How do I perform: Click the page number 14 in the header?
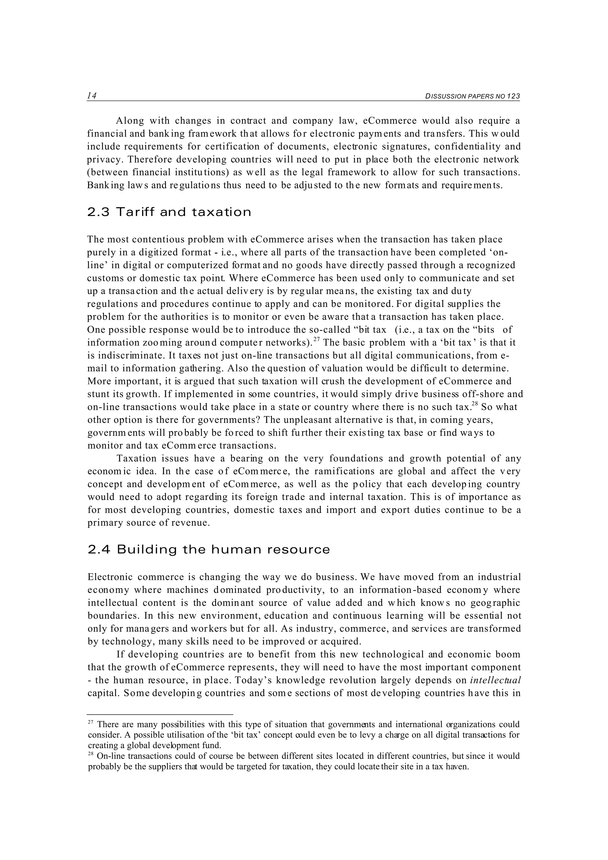pos(92,96)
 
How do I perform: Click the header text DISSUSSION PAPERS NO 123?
pos(472,96)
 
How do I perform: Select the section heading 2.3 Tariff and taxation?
pos(169,212)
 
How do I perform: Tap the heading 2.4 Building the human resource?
pos(209,550)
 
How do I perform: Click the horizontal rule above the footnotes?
pos(160,715)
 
